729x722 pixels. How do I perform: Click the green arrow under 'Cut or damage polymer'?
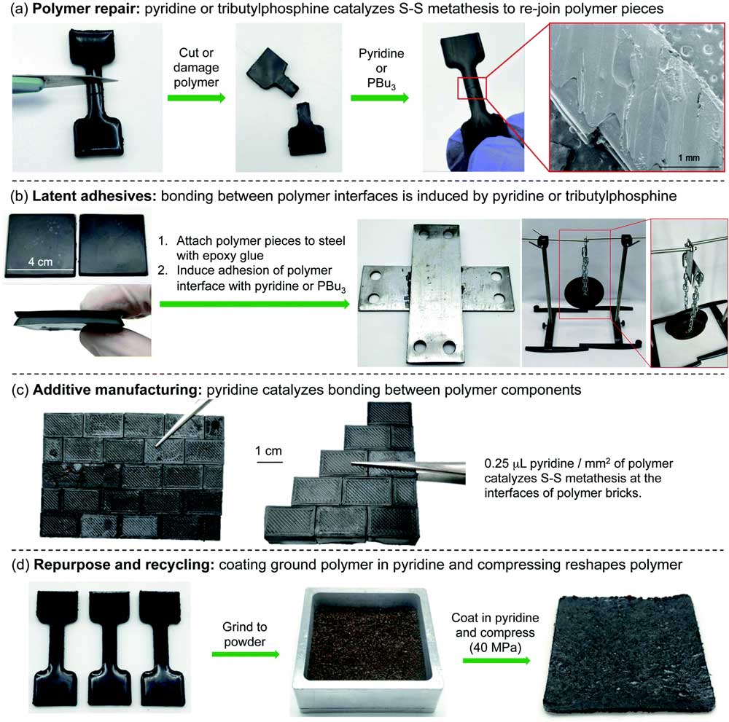tap(196, 98)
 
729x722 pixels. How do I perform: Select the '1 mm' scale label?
tap(689, 157)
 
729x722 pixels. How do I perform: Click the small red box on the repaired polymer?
tap(472, 88)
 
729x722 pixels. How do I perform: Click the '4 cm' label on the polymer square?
tap(40, 262)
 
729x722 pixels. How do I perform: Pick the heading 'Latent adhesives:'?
tap(94, 196)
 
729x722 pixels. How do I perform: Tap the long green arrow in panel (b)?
tap(254, 304)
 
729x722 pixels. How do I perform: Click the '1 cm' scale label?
tap(269, 451)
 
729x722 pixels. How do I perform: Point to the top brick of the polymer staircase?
tap(389, 414)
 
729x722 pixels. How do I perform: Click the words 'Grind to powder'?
tap(244, 634)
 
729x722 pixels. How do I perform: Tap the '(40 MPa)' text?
tap(495, 647)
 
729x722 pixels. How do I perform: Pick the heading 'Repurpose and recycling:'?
tap(124, 565)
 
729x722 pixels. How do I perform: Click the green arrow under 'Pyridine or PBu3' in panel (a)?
tap(380, 98)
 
